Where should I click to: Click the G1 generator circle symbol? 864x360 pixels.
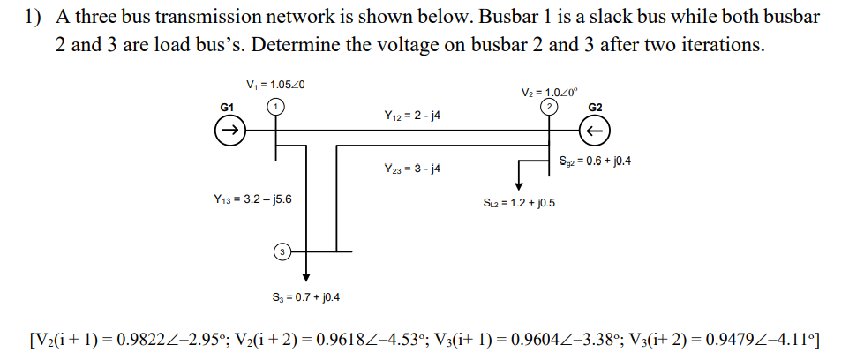click(228, 132)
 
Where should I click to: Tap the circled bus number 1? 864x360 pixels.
click(275, 106)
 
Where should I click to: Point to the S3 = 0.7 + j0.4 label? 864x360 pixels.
click(305, 296)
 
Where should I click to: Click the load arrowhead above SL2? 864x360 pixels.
click(519, 185)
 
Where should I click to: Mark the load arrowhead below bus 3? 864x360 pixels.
click(305, 275)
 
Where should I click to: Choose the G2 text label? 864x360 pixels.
click(595, 107)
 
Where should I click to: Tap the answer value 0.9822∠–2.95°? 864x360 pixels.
click(182, 340)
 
